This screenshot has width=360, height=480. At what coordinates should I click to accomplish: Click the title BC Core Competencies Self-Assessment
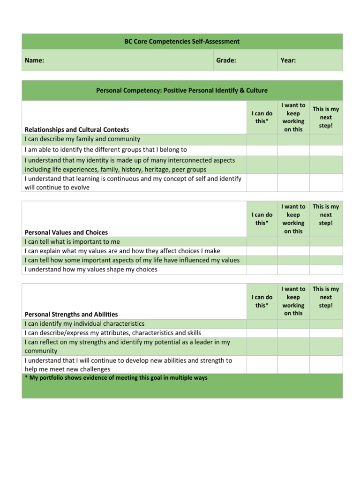point(182,42)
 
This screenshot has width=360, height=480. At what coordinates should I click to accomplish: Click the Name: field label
point(34,60)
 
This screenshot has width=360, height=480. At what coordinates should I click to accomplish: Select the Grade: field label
point(226,60)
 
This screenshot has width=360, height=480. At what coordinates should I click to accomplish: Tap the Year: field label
point(288,60)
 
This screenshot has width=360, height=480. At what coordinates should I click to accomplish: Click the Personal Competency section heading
point(182,90)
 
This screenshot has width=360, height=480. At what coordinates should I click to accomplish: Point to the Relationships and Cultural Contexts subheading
point(76,129)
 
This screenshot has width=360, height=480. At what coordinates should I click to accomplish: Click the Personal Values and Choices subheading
point(66,232)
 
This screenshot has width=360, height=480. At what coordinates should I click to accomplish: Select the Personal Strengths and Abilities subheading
point(71,315)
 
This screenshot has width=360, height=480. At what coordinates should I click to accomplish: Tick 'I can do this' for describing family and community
point(262,139)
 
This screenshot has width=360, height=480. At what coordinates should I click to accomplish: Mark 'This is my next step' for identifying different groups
point(326,150)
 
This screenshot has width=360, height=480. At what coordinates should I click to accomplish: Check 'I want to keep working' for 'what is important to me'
point(293,242)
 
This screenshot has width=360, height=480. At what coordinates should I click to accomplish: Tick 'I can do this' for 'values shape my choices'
point(262,270)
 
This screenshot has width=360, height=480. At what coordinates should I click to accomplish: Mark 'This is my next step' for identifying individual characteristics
point(326,324)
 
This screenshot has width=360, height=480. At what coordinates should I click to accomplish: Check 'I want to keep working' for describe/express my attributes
point(293,333)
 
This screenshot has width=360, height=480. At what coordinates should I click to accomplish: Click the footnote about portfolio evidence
point(116,378)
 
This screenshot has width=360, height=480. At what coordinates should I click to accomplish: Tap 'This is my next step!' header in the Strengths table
point(326,297)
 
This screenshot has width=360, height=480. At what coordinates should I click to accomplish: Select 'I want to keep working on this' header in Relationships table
point(293,117)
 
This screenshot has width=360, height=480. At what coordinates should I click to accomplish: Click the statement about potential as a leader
point(127,346)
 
